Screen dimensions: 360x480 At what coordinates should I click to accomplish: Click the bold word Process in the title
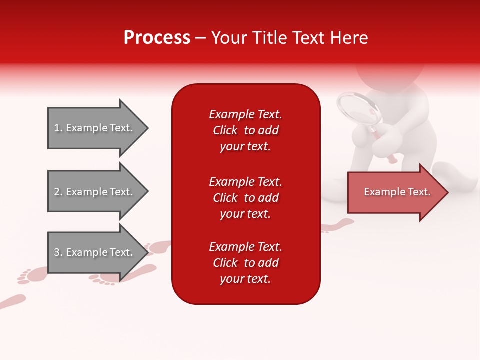157,38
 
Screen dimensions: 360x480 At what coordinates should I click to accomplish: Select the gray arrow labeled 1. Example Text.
97,128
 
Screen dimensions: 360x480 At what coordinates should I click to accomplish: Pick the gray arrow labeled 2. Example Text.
97,192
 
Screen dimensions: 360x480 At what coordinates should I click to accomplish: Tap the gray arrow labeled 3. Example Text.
97,252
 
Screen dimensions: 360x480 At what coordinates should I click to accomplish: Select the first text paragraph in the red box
245,130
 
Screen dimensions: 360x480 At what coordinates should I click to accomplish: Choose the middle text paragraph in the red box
245,198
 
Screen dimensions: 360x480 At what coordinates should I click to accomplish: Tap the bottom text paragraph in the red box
245,263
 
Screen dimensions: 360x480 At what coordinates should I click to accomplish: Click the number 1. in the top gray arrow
58,128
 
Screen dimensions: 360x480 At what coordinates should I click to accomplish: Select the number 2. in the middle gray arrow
58,192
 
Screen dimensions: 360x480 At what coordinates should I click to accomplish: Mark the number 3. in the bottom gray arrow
58,252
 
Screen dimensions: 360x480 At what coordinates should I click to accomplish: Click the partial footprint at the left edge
12,301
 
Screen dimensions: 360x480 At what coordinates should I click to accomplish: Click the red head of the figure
390,75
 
